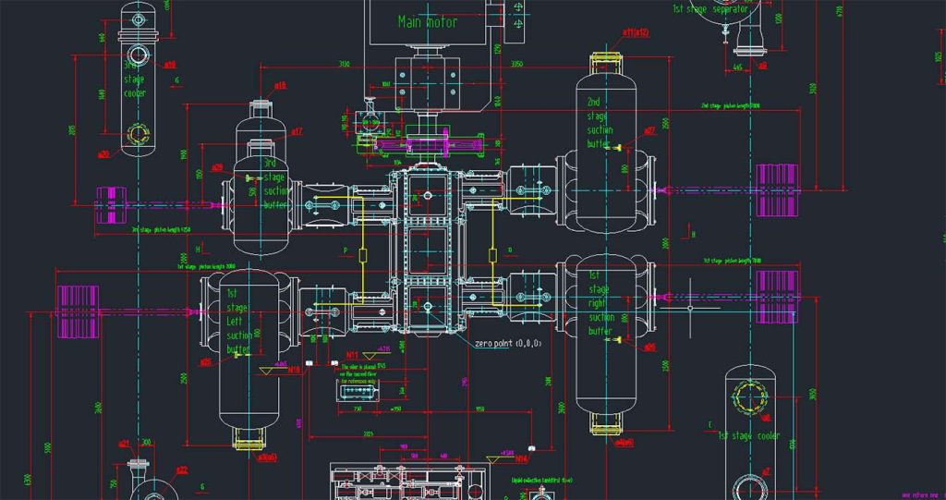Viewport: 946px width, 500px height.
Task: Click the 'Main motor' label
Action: tap(428, 21)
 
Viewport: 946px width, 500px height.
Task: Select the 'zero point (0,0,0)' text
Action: tap(507, 343)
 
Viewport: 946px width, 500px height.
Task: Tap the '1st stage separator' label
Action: tap(710, 8)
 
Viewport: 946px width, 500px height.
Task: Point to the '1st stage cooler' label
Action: tap(748, 435)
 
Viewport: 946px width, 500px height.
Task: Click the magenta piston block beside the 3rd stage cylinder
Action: tap(109, 204)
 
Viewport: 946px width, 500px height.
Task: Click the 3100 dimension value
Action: tap(344, 64)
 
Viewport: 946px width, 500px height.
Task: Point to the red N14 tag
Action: tap(522, 458)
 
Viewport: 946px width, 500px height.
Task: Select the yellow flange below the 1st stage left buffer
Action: tap(249, 445)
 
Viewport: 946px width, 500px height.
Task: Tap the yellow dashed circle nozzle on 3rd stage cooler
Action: tap(139, 135)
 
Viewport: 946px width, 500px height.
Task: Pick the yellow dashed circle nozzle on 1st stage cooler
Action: tap(748, 398)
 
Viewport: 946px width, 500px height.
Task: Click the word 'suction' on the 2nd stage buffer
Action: tap(600, 130)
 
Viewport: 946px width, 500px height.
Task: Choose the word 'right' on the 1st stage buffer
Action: tap(600, 302)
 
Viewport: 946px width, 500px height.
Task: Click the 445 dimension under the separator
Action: tap(737, 67)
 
